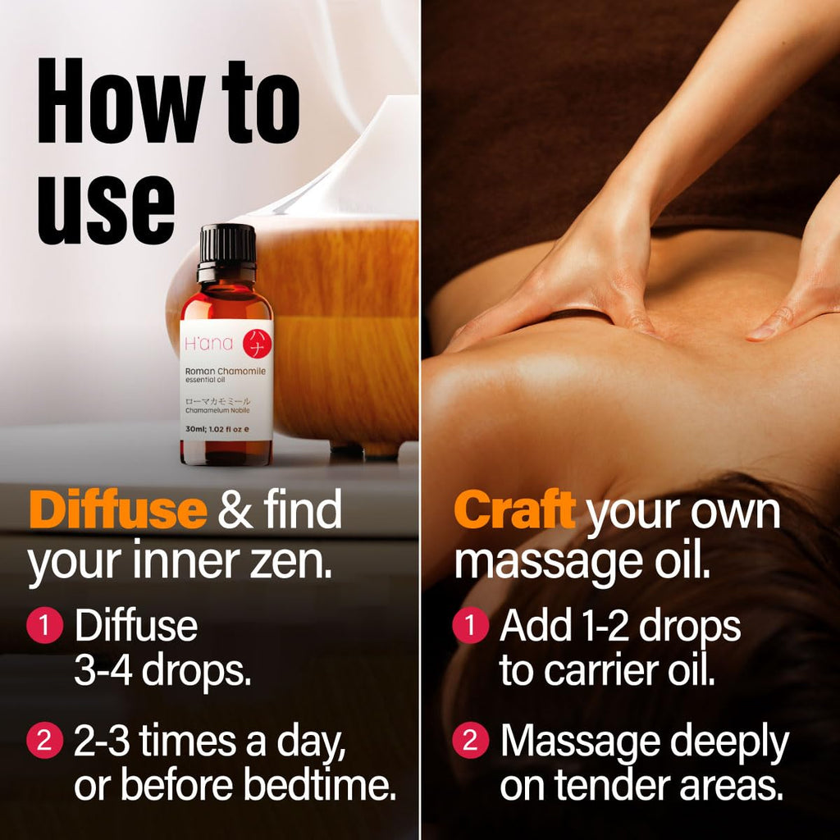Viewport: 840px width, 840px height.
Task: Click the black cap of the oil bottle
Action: [x=227, y=252]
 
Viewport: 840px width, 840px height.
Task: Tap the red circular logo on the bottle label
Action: [x=257, y=343]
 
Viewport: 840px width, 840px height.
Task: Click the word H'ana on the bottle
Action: [x=208, y=343]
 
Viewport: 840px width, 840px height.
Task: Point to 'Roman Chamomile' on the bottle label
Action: [x=225, y=372]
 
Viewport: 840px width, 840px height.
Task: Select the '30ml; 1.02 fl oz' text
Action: [x=214, y=429]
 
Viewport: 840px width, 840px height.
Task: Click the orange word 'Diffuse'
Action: [x=118, y=509]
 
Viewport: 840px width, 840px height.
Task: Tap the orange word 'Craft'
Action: [x=514, y=510]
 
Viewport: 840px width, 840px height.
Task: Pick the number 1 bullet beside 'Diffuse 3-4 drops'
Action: [x=44, y=624]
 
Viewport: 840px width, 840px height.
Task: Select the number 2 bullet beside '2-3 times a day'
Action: [x=44, y=741]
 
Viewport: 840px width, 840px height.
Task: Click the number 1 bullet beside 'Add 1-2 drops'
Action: [x=470, y=624]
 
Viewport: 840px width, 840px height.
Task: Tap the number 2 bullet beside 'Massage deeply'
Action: [x=470, y=741]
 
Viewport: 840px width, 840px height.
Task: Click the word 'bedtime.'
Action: [x=320, y=785]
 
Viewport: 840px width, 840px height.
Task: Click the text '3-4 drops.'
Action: [x=162, y=671]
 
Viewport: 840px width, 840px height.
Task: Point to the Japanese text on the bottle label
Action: [x=217, y=401]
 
